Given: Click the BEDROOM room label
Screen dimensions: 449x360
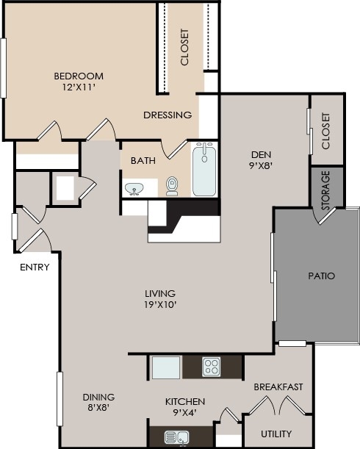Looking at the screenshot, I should coord(79,76).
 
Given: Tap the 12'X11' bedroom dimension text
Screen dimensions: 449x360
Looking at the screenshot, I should coord(79,87).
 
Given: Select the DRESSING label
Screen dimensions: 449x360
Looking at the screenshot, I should coord(168,115).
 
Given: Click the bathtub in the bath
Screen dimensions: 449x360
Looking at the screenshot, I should coord(206,170).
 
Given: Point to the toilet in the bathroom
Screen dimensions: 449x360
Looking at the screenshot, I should coord(173,185).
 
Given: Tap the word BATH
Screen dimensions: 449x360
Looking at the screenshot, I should coord(143,161).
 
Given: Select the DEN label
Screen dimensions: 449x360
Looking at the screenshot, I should coord(262,154).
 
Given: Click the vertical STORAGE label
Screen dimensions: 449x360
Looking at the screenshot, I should coord(325,189).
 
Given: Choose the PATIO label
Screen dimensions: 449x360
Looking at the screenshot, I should coord(321,276).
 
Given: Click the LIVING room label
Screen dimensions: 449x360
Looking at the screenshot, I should coord(160,293).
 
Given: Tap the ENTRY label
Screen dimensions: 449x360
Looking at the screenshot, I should coord(35,267).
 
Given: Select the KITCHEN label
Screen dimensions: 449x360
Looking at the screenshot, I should coord(184,401).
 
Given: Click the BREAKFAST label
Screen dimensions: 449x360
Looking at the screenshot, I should coord(278,387).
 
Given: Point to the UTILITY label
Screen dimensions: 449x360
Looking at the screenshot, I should coord(276,433).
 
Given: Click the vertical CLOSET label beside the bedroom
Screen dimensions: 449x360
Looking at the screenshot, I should coord(184,47).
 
